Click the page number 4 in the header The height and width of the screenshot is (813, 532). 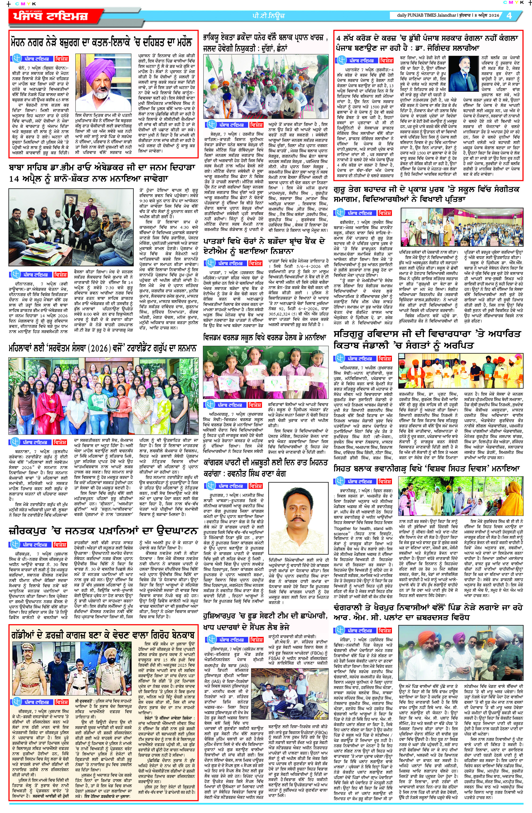pyautogui.click(x=509, y=16)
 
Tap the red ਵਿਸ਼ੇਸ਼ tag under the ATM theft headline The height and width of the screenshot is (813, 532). pyautogui.click(x=256, y=263)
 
